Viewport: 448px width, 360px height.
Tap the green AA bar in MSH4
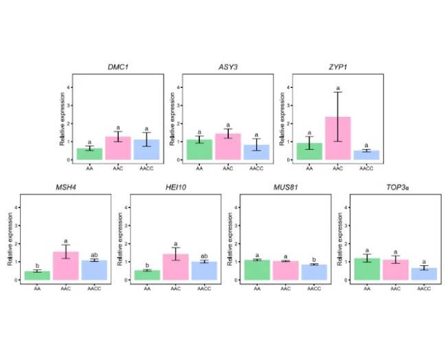pyautogui.click(x=37, y=275)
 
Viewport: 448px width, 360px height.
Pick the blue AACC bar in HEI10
pyautogui.click(x=204, y=271)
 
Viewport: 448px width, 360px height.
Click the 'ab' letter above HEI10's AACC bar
pyautogui.click(x=204, y=256)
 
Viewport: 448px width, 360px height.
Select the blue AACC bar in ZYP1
pyautogui.click(x=366, y=155)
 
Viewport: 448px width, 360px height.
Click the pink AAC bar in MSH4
pyautogui.click(x=66, y=266)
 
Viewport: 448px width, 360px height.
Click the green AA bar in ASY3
pyautogui.click(x=200, y=150)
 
